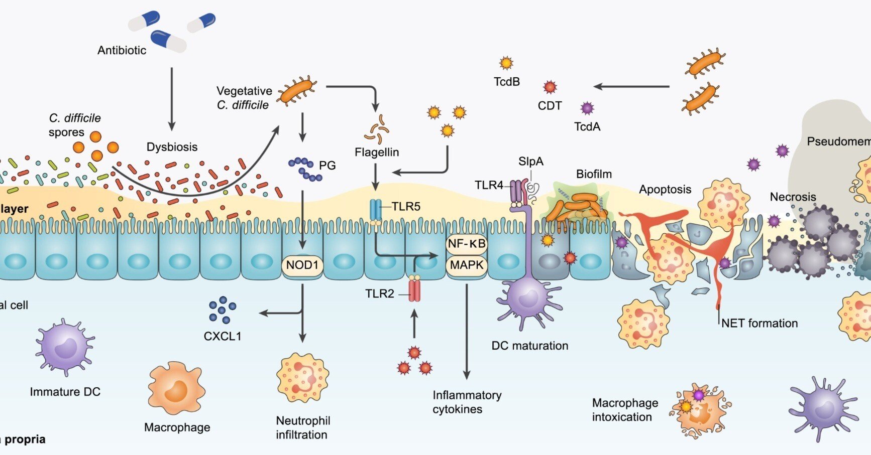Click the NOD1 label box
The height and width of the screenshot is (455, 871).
click(x=302, y=265)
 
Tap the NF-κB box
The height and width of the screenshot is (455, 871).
click(x=467, y=244)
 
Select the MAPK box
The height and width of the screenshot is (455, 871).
click(x=467, y=265)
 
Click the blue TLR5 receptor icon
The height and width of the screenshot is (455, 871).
click(x=375, y=211)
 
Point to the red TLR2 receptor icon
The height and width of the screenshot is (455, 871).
click(x=414, y=290)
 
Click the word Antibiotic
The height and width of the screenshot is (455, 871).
click(x=122, y=50)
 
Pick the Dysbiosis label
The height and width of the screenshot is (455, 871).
click(x=172, y=147)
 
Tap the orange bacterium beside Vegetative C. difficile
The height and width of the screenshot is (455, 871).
click(x=297, y=90)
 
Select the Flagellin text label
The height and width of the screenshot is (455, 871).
click(x=377, y=152)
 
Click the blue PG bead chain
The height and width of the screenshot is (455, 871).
click(x=305, y=169)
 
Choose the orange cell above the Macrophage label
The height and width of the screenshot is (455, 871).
click(x=176, y=389)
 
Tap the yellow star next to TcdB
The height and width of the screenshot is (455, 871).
click(x=506, y=63)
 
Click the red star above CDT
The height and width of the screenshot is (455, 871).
click(x=550, y=87)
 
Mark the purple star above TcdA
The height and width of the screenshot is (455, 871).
click(x=587, y=108)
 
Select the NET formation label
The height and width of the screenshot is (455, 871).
click(x=759, y=323)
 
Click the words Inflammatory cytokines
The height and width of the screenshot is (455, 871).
click(x=467, y=402)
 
